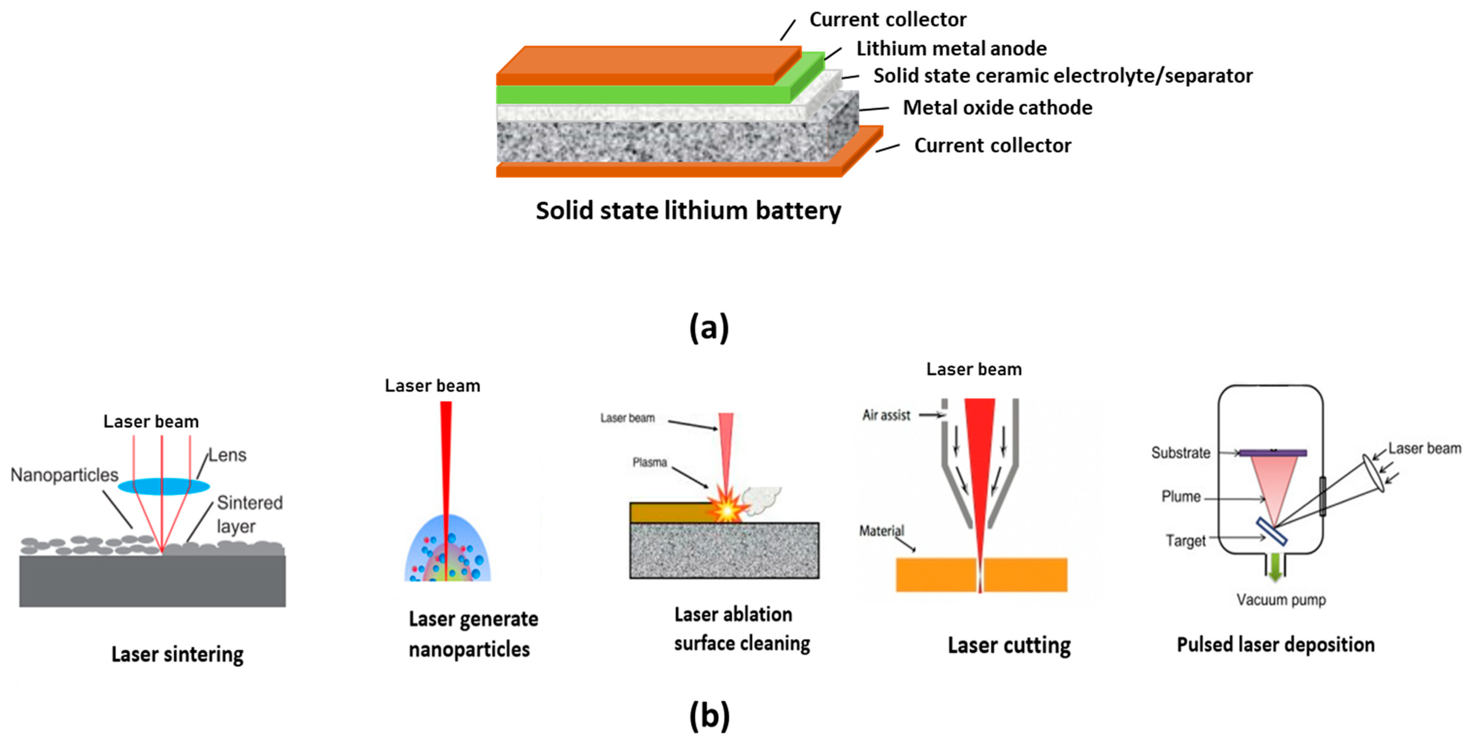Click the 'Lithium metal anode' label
click(951, 49)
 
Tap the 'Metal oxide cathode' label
click(997, 107)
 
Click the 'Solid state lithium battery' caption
click(688, 210)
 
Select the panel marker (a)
click(708, 328)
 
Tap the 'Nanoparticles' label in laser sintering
click(64, 475)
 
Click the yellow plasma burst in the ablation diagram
click(725, 508)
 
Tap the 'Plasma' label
click(650, 462)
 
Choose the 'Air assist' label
click(886, 415)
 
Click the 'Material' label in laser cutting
click(881, 531)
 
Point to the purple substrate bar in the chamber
click(1272, 453)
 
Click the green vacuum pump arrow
click(1275, 568)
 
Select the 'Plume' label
click(1180, 497)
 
